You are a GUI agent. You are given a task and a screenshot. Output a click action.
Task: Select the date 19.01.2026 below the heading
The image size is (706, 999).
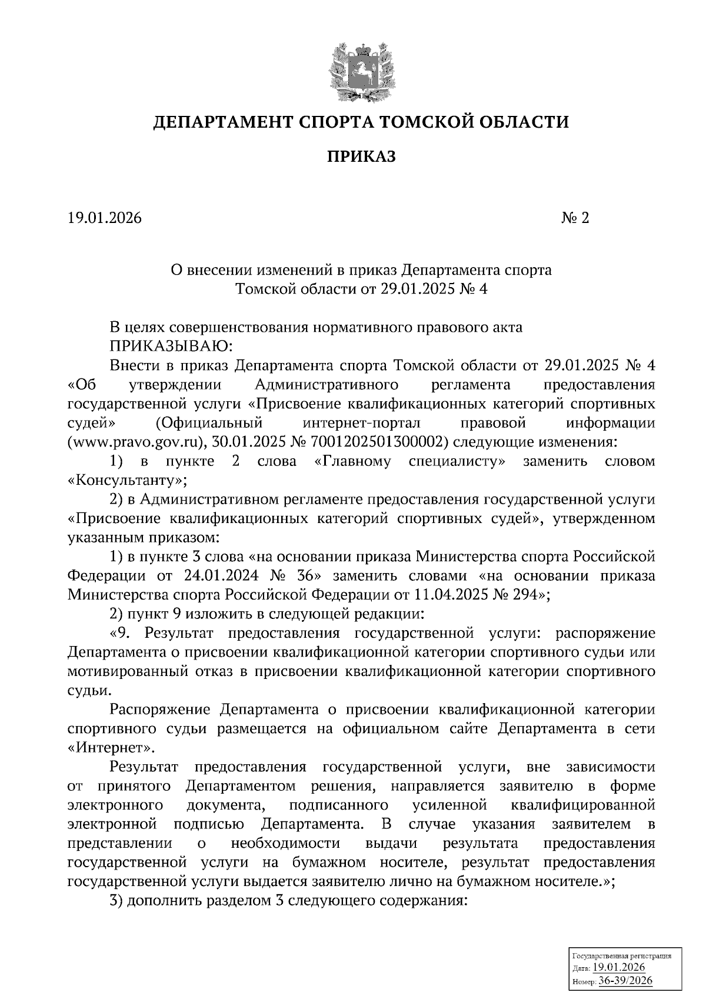pos(105,218)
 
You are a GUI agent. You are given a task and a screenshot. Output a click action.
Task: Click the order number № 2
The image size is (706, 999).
pos(575,218)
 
